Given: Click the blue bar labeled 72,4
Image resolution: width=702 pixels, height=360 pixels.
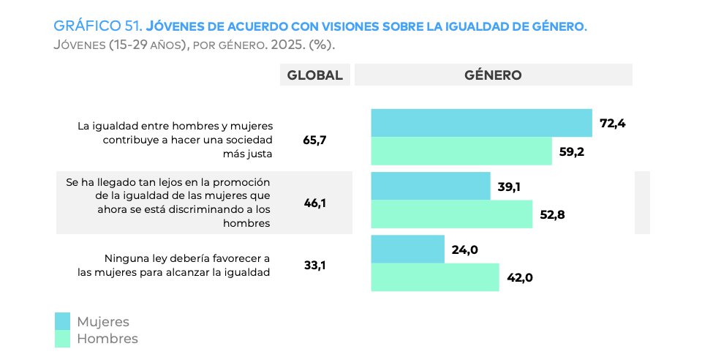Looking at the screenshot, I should pyautogui.click(x=481, y=123).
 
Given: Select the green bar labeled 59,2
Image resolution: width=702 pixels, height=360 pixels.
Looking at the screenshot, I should pyautogui.click(x=461, y=151).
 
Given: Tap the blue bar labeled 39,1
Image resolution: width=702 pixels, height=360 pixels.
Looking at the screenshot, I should pyautogui.click(x=431, y=186).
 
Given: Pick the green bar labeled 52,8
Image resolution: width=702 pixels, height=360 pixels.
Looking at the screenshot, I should pyautogui.click(x=452, y=214).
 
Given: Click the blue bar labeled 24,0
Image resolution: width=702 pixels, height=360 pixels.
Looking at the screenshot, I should pyautogui.click(x=407, y=250).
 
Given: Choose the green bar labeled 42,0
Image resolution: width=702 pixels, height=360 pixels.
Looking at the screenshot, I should pyautogui.click(x=435, y=277).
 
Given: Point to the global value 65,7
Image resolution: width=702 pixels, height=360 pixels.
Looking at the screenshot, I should pyautogui.click(x=314, y=139).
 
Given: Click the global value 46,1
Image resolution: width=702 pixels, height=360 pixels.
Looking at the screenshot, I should pyautogui.click(x=314, y=203).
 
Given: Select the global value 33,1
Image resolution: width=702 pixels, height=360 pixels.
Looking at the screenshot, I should pyautogui.click(x=314, y=266).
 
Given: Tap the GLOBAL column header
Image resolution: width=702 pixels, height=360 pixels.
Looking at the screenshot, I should pyautogui.click(x=314, y=75).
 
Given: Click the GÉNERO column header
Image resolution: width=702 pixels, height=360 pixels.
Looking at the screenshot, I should pyautogui.click(x=493, y=75).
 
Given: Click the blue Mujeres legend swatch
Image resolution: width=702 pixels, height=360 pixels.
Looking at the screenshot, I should pyautogui.click(x=63, y=321).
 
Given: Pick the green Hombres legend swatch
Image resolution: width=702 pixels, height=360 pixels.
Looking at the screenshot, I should pyautogui.click(x=63, y=339).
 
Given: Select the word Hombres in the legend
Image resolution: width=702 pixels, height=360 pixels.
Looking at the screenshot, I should pyautogui.click(x=107, y=339).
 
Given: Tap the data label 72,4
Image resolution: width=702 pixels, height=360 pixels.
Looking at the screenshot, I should pyautogui.click(x=612, y=123).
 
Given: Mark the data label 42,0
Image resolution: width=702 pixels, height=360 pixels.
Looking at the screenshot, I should pyautogui.click(x=520, y=277).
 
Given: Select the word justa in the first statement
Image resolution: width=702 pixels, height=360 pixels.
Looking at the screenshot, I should pyautogui.click(x=257, y=154).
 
